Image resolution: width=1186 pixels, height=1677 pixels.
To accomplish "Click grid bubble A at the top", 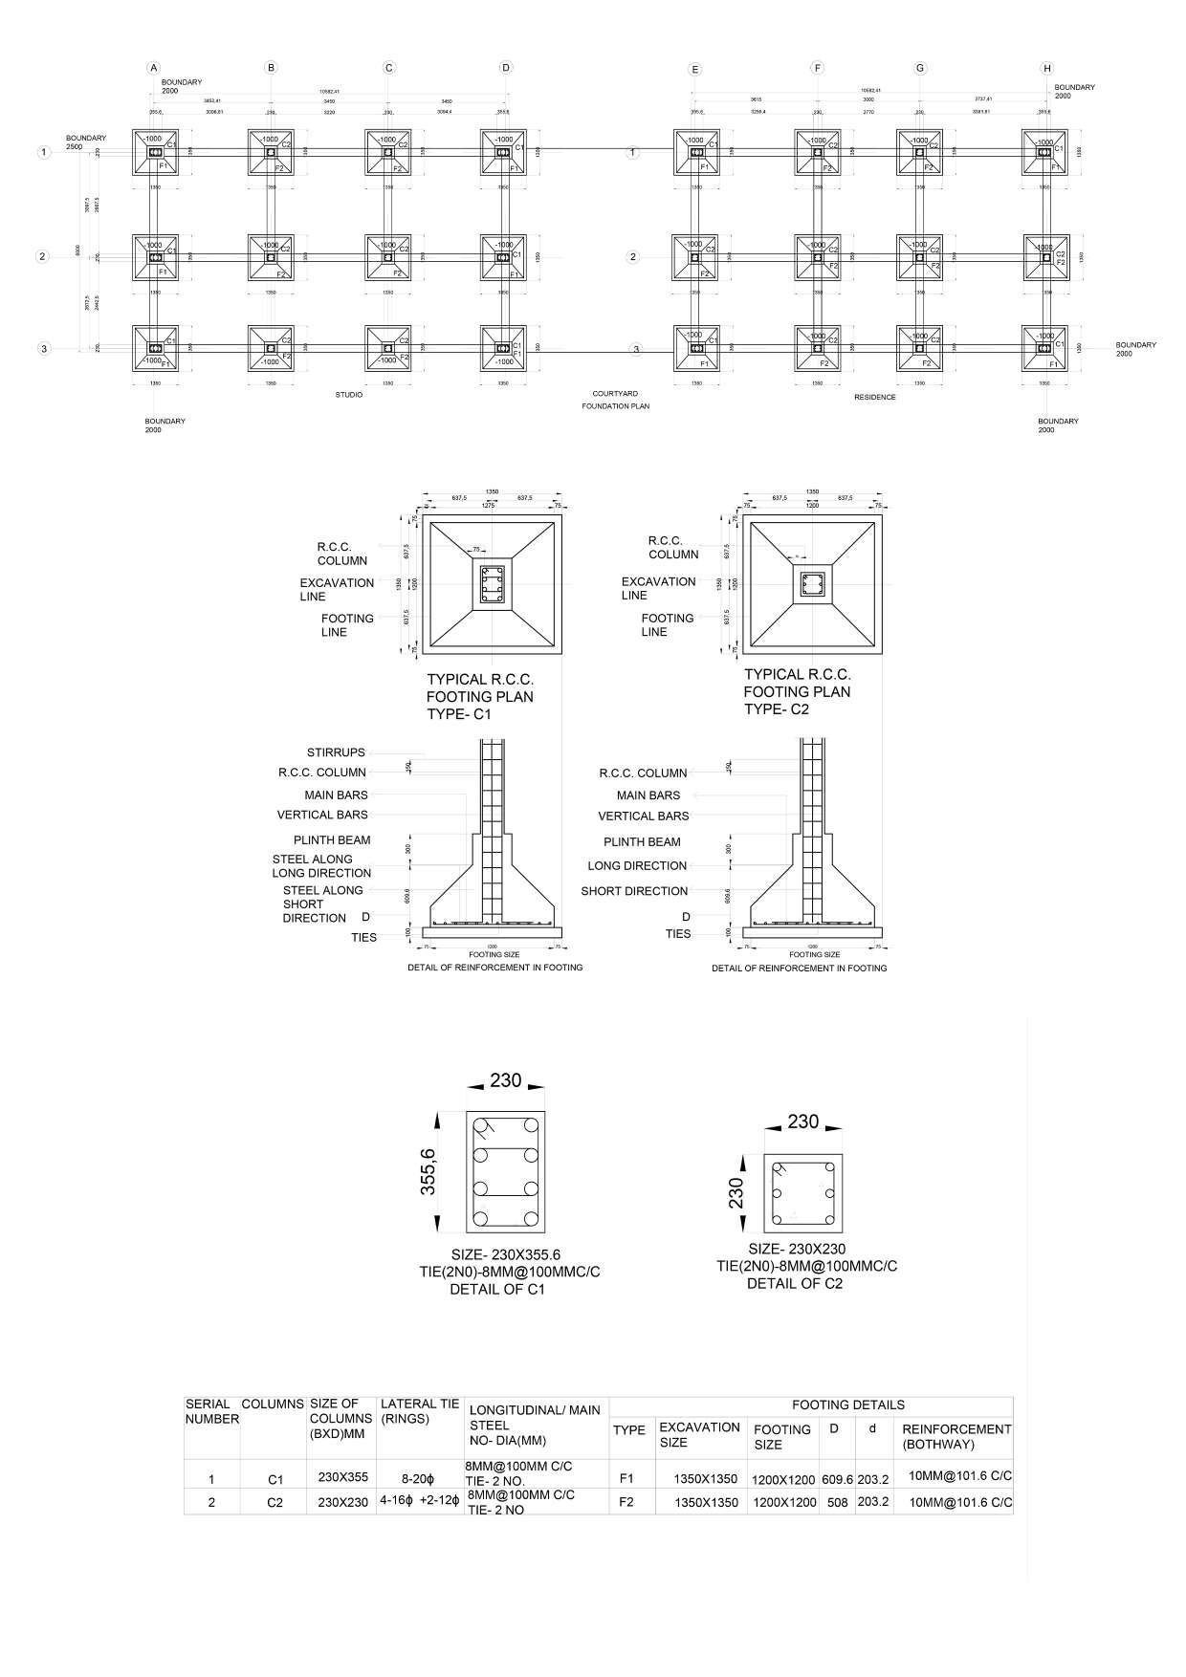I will (x=152, y=68).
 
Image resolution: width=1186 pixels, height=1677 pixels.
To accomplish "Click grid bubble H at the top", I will (x=1047, y=69).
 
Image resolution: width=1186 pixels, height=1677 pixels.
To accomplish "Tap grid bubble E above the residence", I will (x=695, y=69).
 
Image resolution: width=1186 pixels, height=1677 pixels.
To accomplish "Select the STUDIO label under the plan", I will (x=348, y=395).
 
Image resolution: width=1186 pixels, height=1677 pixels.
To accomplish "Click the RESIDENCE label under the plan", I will (x=874, y=397).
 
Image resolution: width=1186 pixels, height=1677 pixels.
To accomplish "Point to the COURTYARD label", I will (x=615, y=394).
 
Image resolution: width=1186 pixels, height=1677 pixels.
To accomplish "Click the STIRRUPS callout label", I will (x=336, y=752).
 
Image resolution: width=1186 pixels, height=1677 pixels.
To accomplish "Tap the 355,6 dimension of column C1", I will (x=428, y=1172).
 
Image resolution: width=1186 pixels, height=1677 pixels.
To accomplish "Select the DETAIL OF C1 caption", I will (x=497, y=1289).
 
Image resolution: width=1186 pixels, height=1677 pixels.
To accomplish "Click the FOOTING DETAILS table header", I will (x=847, y=1405).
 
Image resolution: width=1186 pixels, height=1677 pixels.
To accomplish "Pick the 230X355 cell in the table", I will (x=343, y=1477).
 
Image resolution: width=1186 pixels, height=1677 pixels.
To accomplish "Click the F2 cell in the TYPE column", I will (x=626, y=1502).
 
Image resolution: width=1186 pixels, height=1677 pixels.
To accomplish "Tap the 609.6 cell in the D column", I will (x=836, y=1479).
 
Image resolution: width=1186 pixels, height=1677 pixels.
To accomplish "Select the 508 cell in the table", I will (x=837, y=1502).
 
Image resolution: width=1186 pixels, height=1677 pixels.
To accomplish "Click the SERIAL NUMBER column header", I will (x=211, y=1412).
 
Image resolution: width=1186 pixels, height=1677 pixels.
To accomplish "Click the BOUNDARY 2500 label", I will (x=86, y=142).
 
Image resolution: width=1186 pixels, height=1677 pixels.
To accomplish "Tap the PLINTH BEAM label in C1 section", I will (x=332, y=840).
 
